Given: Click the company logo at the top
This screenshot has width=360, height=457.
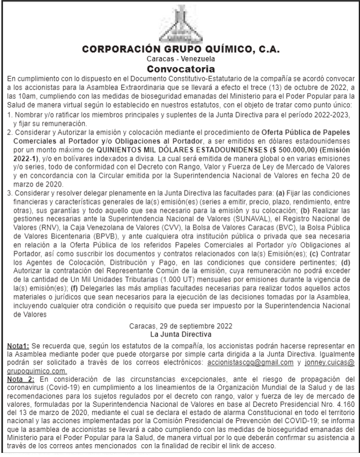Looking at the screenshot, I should pyautogui.click(x=179, y=21).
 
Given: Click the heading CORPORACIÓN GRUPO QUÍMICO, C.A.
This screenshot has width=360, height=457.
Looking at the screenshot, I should pyautogui.click(x=179, y=49).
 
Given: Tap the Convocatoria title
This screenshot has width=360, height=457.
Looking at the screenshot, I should pyautogui.click(x=179, y=68).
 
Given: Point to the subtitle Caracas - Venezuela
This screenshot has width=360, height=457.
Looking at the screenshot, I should pyautogui.click(x=179, y=59).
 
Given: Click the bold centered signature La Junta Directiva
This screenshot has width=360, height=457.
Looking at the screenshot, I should pyautogui.click(x=179, y=335).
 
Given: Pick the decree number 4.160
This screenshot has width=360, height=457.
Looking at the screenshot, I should pyautogui.click(x=345, y=404).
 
